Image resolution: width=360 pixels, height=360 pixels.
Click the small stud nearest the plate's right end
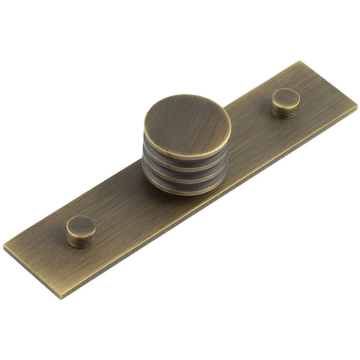click(x=285, y=102)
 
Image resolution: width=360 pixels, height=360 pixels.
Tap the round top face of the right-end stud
click(x=286, y=97)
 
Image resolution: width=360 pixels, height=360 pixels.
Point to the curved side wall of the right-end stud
click(x=285, y=111)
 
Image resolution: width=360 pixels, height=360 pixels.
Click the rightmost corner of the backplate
click(x=357, y=107)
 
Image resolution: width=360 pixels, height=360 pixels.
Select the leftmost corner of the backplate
click(x=4, y=247)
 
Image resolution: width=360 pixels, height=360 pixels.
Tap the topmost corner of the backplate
click(x=300, y=62)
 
